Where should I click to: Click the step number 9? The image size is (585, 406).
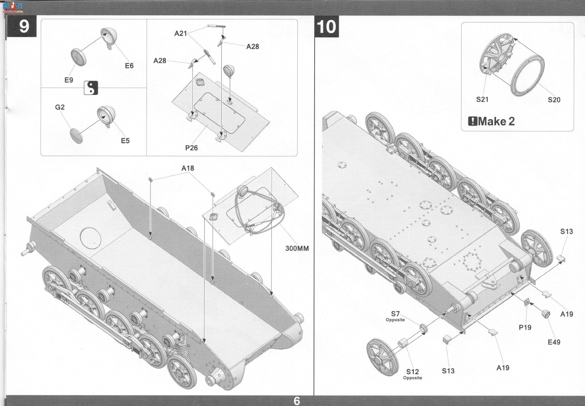coord(24,26)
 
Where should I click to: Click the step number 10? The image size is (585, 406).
coord(326,27)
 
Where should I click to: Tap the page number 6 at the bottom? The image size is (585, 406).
coord(297,401)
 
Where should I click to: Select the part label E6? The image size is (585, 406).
coord(129,66)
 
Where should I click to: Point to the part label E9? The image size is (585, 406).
coord(69,80)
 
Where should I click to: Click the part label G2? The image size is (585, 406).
coord(59,107)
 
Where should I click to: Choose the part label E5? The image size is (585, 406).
coord(126,141)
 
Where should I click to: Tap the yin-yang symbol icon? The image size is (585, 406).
coord(91,88)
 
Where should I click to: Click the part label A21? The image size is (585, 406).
coord(181,33)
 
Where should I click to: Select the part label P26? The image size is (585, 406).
coord(192,148)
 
